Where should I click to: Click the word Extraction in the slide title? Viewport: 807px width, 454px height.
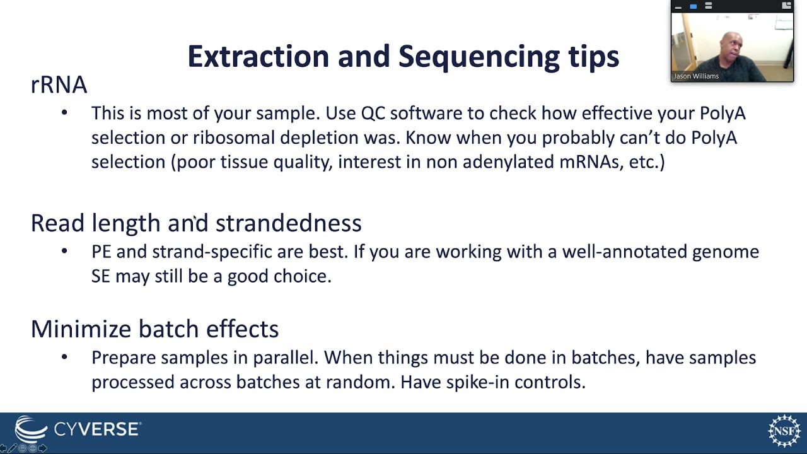tap(258, 57)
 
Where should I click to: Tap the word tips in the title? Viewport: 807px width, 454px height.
tap(593, 57)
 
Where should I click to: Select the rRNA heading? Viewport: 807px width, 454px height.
tap(59, 85)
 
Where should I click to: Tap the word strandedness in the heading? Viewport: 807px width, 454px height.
tap(288, 223)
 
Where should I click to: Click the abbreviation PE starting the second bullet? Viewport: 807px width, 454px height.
tap(101, 252)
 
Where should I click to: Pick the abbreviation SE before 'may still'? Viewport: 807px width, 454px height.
tap(101, 276)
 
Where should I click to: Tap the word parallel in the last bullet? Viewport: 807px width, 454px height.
tap(285, 358)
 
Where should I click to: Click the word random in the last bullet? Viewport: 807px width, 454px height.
tap(364, 382)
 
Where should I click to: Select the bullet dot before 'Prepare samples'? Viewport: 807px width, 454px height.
tap(64, 358)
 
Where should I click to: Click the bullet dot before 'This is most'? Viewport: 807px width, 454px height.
tap(64, 113)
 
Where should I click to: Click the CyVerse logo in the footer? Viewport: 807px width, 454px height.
tap(77, 430)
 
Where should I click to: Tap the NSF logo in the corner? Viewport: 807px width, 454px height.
tap(784, 431)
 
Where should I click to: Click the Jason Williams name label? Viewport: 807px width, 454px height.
tap(696, 76)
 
